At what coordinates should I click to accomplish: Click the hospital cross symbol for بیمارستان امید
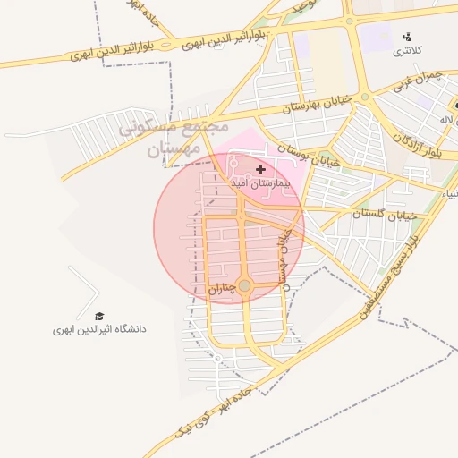click(x=260, y=169)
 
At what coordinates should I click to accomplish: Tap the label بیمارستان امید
click(x=261, y=182)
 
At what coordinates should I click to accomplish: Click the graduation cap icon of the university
click(x=99, y=317)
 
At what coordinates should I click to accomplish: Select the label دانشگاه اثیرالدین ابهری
click(x=98, y=329)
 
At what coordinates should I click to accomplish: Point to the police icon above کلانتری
click(x=408, y=37)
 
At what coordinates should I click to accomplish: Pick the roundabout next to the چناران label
click(x=244, y=285)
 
